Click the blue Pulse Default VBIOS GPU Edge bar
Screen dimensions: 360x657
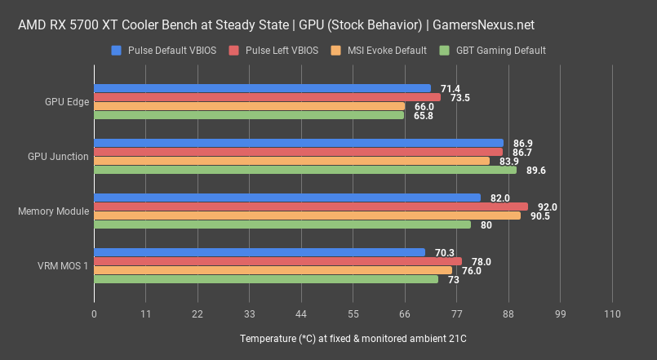point(262,88)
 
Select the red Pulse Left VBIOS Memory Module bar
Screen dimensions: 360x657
point(311,207)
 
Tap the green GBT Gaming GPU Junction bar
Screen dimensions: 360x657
point(305,170)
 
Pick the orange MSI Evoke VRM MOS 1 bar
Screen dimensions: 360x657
point(273,270)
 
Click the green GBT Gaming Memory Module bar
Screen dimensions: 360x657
point(282,224)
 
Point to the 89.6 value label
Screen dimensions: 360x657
point(535,171)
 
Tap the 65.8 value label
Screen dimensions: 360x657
point(424,116)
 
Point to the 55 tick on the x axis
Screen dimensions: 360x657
point(353,314)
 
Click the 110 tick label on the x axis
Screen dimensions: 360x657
point(612,314)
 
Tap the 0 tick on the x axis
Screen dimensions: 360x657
point(95,314)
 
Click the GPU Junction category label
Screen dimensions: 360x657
point(58,157)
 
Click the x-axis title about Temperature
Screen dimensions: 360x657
point(353,338)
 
